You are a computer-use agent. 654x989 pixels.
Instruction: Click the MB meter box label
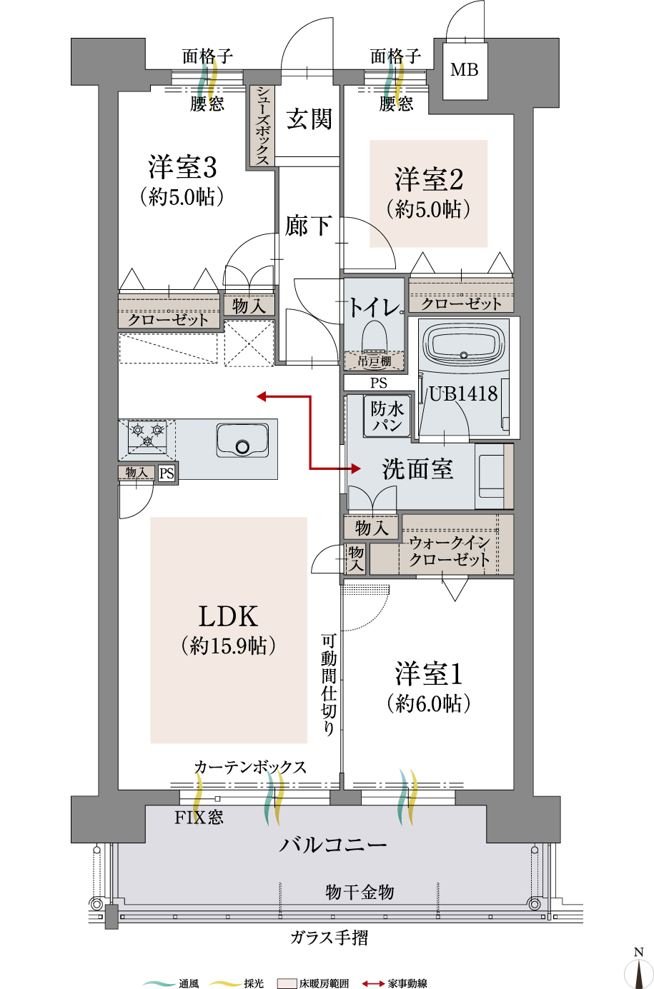(x=465, y=70)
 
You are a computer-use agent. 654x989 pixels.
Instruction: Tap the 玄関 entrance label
(x=309, y=119)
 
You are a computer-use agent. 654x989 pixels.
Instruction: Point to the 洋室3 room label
(x=182, y=168)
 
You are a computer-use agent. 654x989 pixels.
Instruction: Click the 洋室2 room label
(x=428, y=179)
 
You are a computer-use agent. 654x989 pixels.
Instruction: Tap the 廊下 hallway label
(x=308, y=226)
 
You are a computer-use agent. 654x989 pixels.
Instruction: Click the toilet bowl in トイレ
(x=374, y=336)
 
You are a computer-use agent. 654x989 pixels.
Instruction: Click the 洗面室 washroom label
(x=417, y=469)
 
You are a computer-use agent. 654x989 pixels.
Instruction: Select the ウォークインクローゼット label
(x=449, y=551)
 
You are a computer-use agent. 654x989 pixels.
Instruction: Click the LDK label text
(x=228, y=616)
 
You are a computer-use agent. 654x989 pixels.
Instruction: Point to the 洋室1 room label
(x=428, y=674)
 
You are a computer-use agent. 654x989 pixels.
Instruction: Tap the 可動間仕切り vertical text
(x=328, y=686)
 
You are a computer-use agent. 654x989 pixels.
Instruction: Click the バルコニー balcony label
(x=333, y=845)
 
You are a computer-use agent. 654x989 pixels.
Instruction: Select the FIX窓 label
(x=199, y=817)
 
